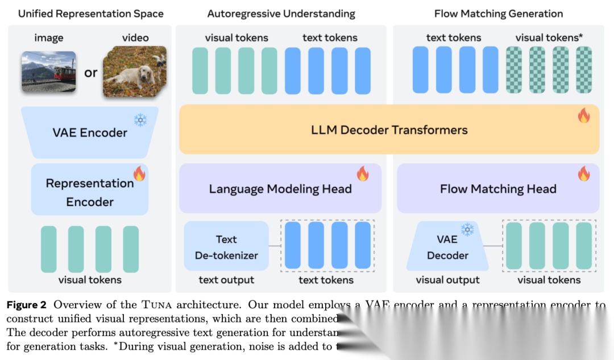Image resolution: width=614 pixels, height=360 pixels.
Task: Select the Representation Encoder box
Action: (x=90, y=192)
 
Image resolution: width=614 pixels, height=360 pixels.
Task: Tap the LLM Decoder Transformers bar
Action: (x=389, y=130)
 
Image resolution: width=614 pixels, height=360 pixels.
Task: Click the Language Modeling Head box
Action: (x=280, y=189)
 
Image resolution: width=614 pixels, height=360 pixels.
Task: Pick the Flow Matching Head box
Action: (x=497, y=189)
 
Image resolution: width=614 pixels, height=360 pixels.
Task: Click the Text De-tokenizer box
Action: (x=226, y=247)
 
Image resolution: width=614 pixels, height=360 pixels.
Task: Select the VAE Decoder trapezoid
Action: (x=447, y=247)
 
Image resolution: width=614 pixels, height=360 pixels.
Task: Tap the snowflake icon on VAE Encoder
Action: (x=140, y=120)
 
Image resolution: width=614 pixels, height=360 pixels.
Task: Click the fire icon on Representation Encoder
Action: (x=139, y=173)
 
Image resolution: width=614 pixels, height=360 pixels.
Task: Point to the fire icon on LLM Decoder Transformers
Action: (x=583, y=115)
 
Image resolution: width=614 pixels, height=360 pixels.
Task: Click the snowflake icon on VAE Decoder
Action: (x=467, y=229)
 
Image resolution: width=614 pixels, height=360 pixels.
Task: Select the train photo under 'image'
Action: (x=49, y=72)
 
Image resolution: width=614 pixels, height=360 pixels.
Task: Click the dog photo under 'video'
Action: (x=134, y=72)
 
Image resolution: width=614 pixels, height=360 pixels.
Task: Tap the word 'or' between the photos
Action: (x=90, y=73)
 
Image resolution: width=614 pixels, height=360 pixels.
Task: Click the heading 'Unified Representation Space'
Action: (x=90, y=14)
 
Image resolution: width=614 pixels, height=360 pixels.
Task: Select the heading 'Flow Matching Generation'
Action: (x=498, y=14)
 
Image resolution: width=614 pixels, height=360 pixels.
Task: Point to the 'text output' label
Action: (x=226, y=280)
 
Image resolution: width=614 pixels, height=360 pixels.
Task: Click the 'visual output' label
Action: (x=447, y=280)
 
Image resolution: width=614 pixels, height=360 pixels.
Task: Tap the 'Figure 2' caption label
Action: (x=27, y=305)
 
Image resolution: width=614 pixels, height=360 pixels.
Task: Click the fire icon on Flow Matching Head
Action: (x=583, y=173)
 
